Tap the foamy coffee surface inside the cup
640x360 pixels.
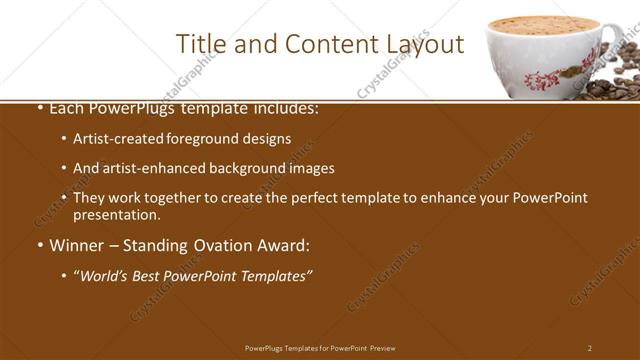545,24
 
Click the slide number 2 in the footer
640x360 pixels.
589,348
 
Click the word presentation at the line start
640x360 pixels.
116,214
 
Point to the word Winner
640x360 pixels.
76,245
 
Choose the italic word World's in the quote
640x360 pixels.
106,275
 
